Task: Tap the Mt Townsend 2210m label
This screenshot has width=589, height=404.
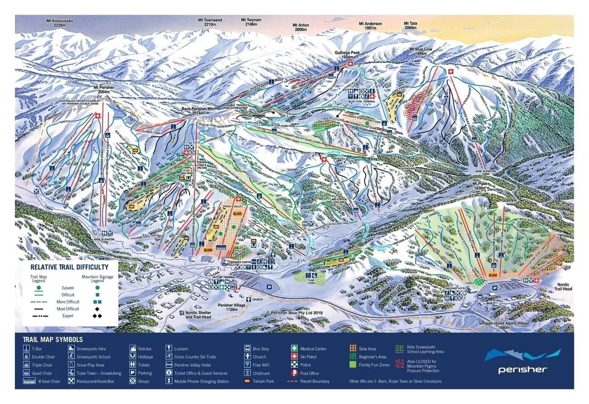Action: [210, 23]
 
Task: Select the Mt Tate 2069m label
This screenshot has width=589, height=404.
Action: [410, 26]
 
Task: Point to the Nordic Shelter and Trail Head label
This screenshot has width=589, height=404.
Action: [198, 315]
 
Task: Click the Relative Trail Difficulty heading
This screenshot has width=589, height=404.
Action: [69, 267]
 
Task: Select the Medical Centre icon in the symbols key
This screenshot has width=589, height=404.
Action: [294, 349]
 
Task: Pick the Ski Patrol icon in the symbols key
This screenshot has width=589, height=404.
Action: [294, 357]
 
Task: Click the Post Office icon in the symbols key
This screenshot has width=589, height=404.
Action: [294, 373]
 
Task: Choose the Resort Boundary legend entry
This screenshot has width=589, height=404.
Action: [315, 381]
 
